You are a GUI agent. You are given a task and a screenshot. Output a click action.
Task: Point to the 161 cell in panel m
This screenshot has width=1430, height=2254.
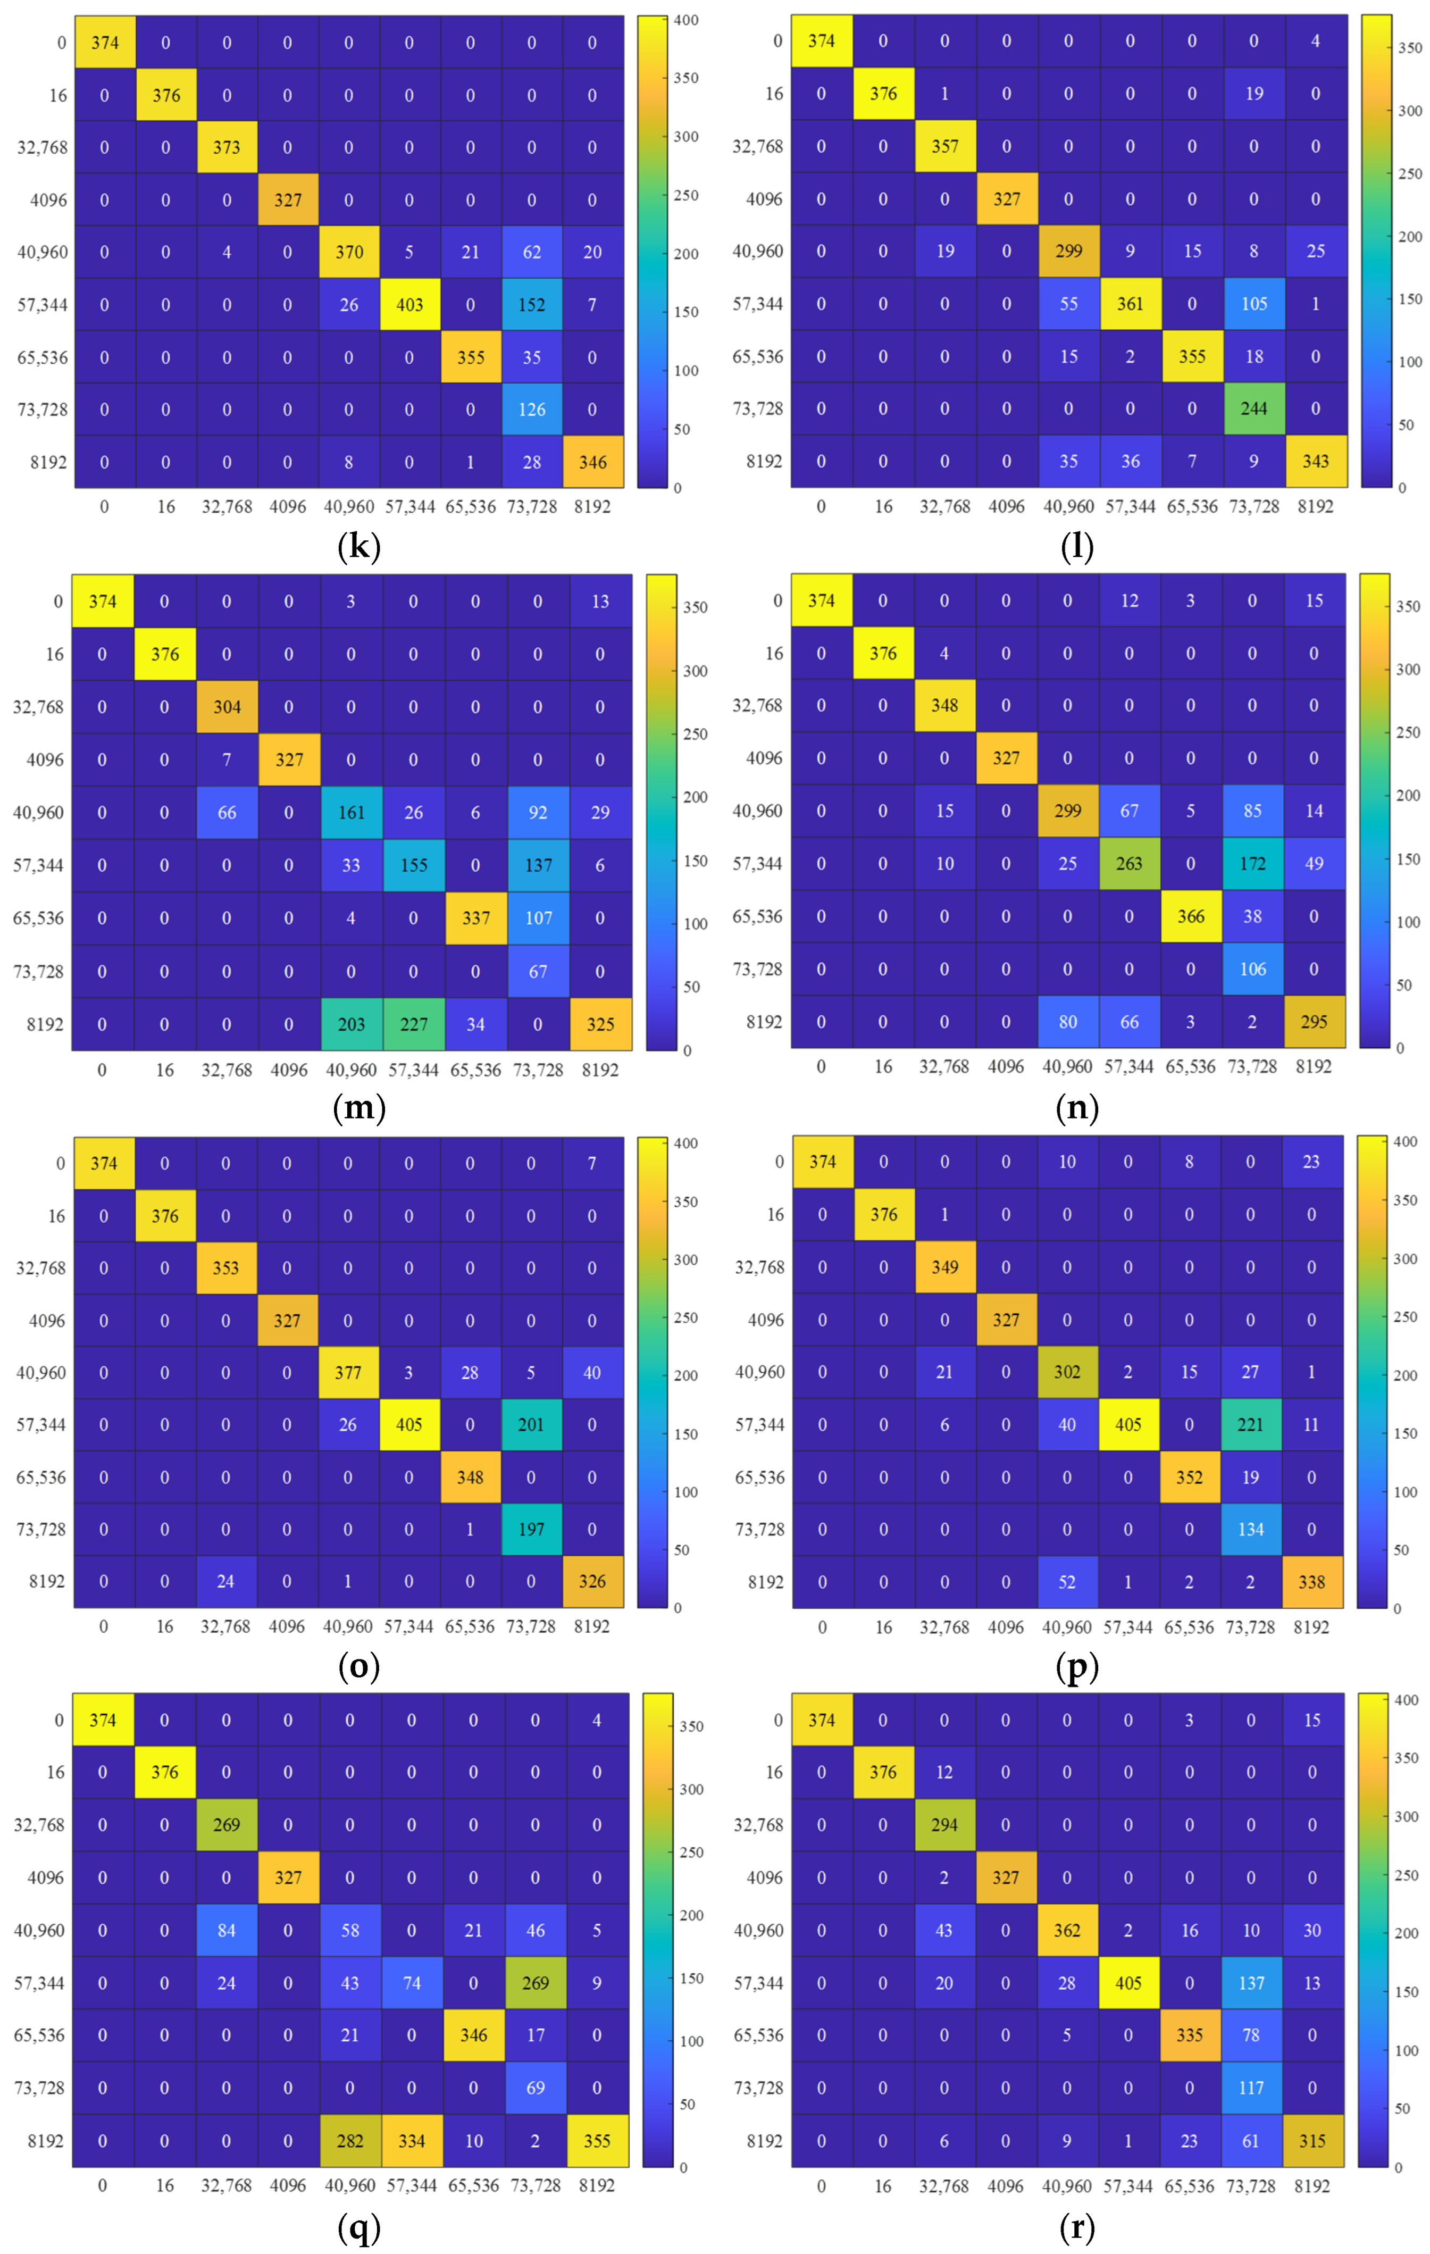point(351,813)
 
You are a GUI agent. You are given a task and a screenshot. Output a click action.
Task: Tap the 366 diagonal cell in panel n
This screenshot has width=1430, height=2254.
point(1190,916)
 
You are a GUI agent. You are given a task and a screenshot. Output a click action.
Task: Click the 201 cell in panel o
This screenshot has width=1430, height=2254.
point(531,1425)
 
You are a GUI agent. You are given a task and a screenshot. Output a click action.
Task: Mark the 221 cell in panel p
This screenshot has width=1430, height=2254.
point(1250,1425)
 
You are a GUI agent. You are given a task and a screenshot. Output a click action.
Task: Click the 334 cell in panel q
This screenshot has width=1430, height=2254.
point(411,2141)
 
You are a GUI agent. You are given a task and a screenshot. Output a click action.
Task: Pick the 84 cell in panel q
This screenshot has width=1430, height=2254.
point(227,1930)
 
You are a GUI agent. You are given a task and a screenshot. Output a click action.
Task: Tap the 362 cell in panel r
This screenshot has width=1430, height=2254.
point(1067,1930)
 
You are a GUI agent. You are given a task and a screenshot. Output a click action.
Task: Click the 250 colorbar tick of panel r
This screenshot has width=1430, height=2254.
point(1406,1875)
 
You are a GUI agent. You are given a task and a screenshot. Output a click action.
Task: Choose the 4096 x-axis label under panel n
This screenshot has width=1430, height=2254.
point(1006,1066)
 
